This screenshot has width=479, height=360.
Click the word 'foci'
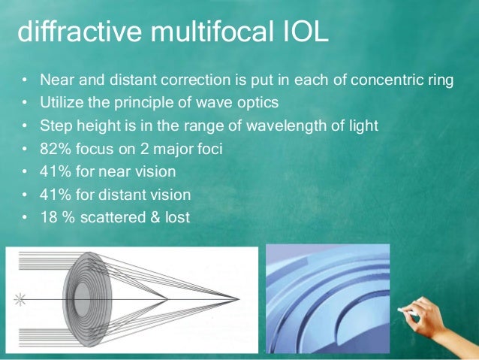pyautogui.click(x=209, y=149)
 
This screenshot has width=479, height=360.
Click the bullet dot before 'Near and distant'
pyautogui.click(x=25, y=80)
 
